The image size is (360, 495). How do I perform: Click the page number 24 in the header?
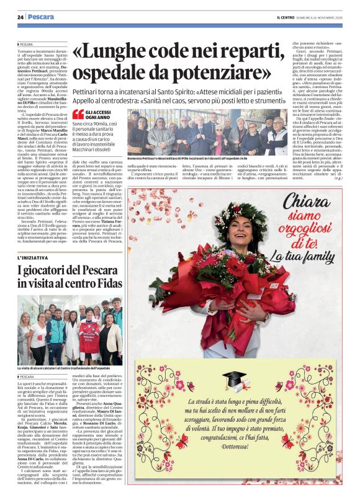pos(20,17)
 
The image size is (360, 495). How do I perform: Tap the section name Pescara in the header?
pos(41,17)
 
